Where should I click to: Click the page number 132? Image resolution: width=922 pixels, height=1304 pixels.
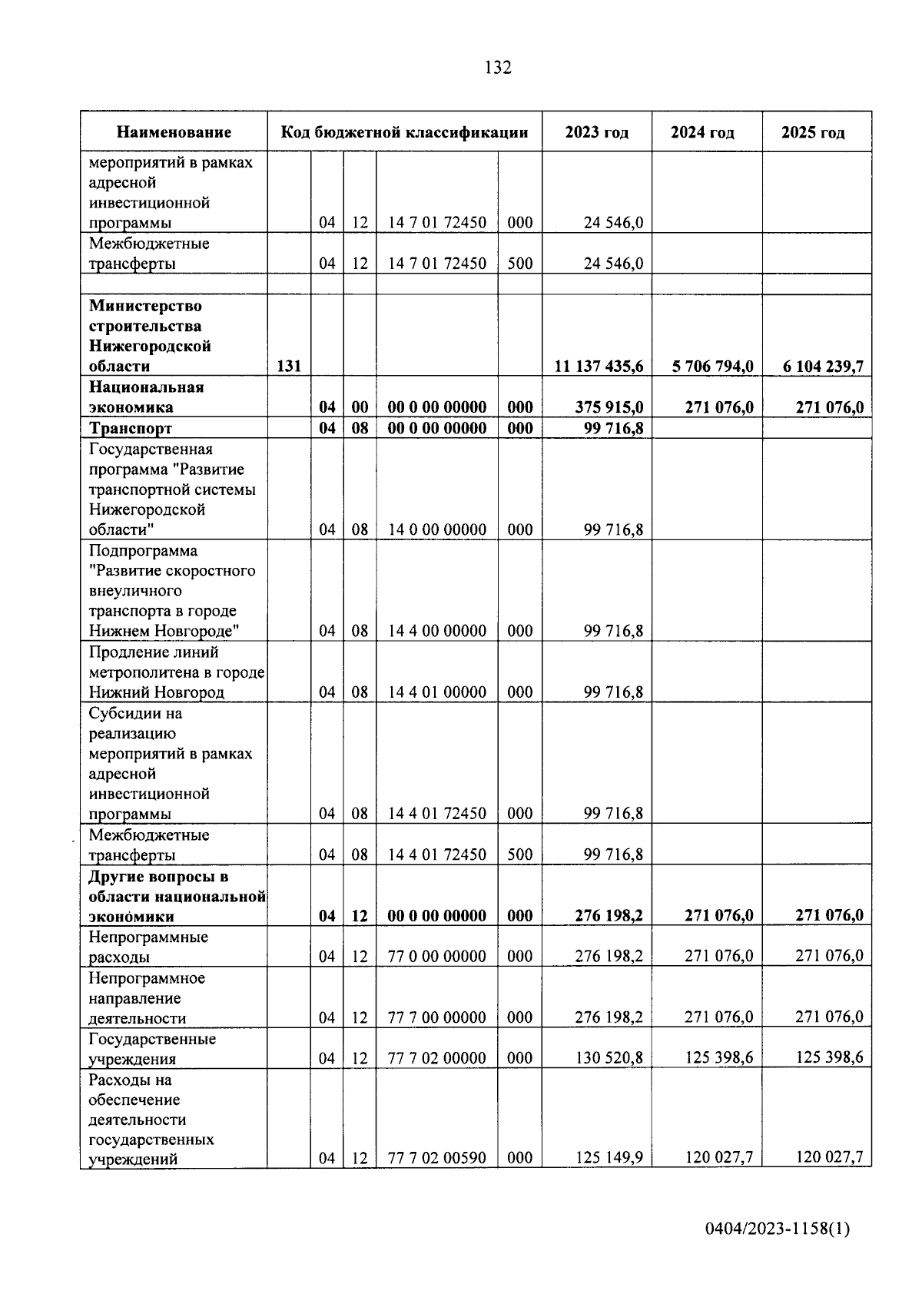pyautogui.click(x=498, y=68)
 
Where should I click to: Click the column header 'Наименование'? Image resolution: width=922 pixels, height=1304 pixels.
pyautogui.click(x=174, y=132)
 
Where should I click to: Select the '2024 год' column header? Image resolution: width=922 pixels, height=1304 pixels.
pyautogui.click(x=702, y=132)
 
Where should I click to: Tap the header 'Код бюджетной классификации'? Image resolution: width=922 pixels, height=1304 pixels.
pyautogui.click(x=404, y=132)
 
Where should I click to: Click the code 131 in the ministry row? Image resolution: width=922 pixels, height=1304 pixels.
pyautogui.click(x=289, y=367)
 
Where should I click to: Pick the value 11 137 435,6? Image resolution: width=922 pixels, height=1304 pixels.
pyautogui.click(x=599, y=367)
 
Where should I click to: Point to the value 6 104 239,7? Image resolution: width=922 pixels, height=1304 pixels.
pyautogui.click(x=823, y=367)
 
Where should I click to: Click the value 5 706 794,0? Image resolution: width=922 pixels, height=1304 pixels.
pyautogui.click(x=712, y=367)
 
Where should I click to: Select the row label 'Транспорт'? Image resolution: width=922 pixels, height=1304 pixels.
pyautogui.click(x=131, y=428)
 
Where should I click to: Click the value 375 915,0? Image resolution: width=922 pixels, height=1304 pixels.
pyautogui.click(x=609, y=407)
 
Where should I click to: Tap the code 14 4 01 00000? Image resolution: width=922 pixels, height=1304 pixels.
pyautogui.click(x=437, y=692)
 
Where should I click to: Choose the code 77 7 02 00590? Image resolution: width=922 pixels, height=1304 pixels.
pyautogui.click(x=437, y=1158)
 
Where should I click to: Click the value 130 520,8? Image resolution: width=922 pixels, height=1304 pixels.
pyautogui.click(x=609, y=1058)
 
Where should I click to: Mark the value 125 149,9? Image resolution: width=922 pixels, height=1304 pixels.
pyautogui.click(x=609, y=1158)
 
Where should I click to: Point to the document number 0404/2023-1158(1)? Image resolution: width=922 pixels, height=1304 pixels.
pyautogui.click(x=778, y=1230)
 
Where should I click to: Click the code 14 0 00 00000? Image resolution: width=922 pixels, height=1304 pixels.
pyautogui.click(x=437, y=529)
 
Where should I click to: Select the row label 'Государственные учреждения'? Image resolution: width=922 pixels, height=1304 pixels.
pyautogui.click(x=152, y=1049)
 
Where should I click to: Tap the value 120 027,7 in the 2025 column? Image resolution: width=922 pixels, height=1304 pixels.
pyautogui.click(x=829, y=1157)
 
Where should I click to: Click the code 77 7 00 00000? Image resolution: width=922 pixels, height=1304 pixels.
pyautogui.click(x=437, y=1018)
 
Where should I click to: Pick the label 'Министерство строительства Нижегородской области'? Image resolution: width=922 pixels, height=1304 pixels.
pyautogui.click(x=150, y=336)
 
